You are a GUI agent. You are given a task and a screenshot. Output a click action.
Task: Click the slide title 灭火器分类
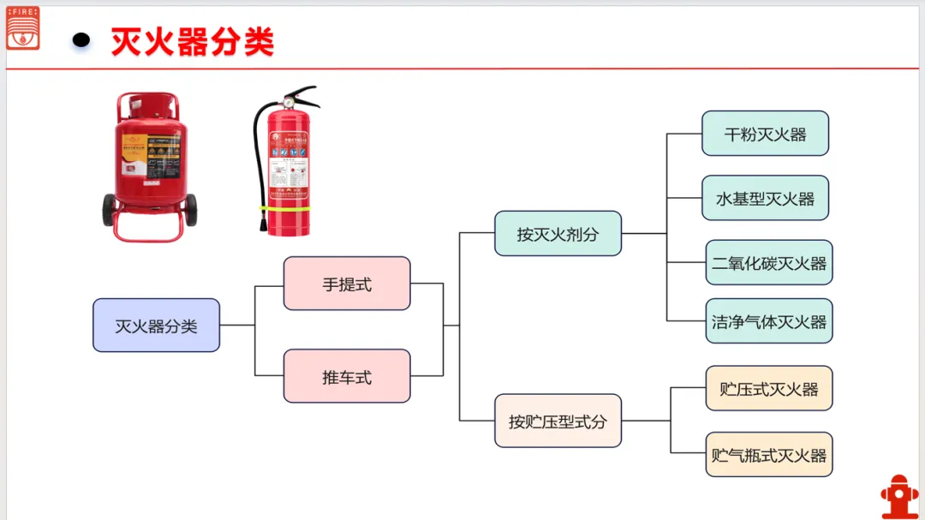pos(193,41)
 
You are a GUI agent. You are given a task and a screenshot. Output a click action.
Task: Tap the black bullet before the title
pos(81,39)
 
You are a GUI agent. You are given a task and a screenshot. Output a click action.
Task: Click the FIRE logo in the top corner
pos(22,27)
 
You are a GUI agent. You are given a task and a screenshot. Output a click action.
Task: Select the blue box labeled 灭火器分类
pos(156,326)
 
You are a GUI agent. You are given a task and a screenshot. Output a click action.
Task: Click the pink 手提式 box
pos(347,284)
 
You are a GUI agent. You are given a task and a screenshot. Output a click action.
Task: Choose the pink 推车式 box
pos(347,376)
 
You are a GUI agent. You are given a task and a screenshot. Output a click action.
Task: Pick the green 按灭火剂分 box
pos(558,233)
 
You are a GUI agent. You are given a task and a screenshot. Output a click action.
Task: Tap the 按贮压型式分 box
pos(558,421)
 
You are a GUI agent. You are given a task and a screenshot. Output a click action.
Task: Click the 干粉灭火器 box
pos(765,134)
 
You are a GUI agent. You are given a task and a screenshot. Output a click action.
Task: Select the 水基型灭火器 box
pos(765,198)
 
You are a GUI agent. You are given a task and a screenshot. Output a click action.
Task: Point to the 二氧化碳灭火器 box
pos(768,263)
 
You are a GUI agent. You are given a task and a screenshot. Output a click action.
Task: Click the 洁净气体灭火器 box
pos(768,321)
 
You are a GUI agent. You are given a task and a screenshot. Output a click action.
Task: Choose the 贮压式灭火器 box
pos(768,388)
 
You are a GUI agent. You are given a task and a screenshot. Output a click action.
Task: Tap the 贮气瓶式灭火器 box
pos(768,454)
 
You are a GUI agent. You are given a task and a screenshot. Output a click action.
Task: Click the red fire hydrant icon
pos(898,496)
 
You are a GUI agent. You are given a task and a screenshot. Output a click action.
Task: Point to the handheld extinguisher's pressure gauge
pos(289,102)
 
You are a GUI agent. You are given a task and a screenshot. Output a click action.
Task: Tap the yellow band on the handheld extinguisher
pos(288,208)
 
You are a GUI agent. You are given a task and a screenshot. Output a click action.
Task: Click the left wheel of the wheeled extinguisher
pos(110,209)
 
